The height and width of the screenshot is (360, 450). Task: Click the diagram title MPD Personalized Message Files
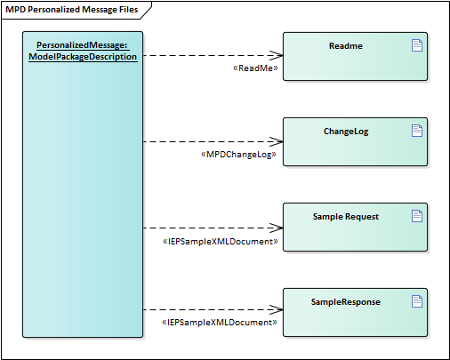coord(72,10)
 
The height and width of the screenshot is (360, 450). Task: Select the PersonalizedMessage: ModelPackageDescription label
coord(83,51)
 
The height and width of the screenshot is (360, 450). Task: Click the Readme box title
coord(346,46)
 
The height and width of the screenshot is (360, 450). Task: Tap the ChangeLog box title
coord(346,132)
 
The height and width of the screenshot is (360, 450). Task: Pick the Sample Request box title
coord(346,217)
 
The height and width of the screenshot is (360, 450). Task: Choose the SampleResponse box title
coord(346,302)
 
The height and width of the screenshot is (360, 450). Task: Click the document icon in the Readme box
coord(417,45)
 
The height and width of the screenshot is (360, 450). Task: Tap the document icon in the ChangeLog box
coord(417,131)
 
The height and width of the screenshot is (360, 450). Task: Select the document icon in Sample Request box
coord(417,216)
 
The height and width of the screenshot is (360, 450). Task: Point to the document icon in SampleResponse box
coord(417,301)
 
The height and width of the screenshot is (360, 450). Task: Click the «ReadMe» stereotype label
coord(255,68)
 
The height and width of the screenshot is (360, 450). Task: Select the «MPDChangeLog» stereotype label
coord(238,155)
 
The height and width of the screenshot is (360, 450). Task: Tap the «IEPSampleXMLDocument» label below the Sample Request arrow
coord(220,242)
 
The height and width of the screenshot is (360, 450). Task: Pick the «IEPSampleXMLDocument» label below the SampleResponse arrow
coord(220,323)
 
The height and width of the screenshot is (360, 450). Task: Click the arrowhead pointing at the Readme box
coord(277,55)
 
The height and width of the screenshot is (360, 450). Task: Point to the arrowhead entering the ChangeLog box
coord(277,141)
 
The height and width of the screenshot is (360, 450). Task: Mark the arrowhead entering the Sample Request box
coord(277,228)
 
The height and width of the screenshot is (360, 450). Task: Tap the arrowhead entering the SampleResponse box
coord(277,309)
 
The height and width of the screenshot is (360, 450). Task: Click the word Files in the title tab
coord(129,10)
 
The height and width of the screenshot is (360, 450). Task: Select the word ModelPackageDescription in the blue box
coord(83,57)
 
